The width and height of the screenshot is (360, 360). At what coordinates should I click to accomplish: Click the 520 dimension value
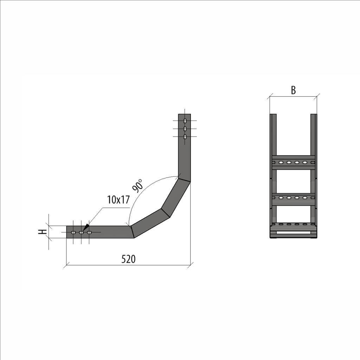tap(128, 259)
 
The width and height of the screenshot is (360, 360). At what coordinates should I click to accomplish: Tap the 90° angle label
tap(138, 186)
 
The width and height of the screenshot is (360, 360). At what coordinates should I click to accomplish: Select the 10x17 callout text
tap(118, 200)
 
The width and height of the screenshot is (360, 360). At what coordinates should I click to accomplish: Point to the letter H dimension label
tap(43, 232)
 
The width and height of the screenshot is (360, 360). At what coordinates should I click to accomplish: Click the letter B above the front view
tap(293, 90)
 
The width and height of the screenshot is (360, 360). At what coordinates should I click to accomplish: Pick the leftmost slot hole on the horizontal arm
tap(73, 232)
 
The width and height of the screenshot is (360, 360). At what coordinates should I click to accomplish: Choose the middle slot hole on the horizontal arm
tap(81, 232)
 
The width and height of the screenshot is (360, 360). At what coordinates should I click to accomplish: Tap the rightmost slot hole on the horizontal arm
tap(89, 232)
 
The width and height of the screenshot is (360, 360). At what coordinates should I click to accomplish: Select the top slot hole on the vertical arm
tap(185, 121)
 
